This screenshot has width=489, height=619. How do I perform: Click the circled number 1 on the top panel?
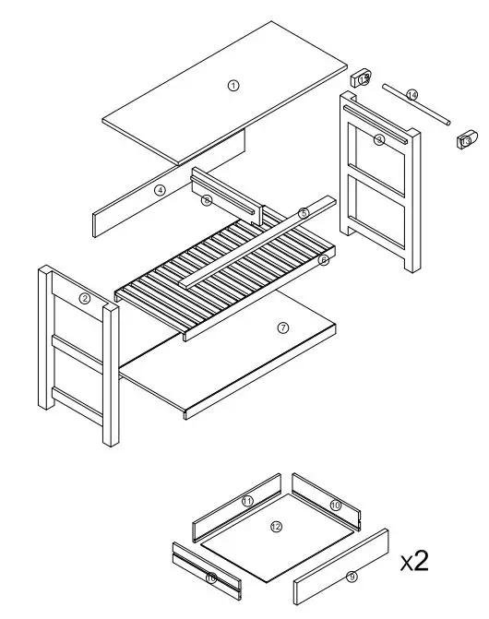pyautogui.click(x=233, y=85)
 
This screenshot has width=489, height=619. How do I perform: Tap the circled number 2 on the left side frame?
pyautogui.click(x=84, y=298)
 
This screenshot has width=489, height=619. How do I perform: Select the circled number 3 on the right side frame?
pyautogui.click(x=379, y=139)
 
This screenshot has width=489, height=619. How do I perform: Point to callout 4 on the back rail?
pyautogui.click(x=160, y=190)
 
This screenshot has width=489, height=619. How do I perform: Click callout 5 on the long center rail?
pyautogui.click(x=303, y=213)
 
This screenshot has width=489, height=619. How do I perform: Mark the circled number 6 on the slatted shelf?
pyautogui.click(x=323, y=261)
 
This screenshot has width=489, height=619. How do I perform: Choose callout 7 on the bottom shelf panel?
pyautogui.click(x=283, y=327)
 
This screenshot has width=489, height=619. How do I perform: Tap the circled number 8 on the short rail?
pyautogui.click(x=207, y=199)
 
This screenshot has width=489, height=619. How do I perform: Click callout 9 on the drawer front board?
pyautogui.click(x=352, y=577)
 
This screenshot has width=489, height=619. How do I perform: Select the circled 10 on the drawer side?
pyautogui.click(x=335, y=506)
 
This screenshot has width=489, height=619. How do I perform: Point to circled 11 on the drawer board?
pyautogui.click(x=247, y=501)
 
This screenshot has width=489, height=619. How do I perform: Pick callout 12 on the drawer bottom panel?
pyautogui.click(x=276, y=527)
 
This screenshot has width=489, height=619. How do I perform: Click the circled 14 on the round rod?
pyautogui.click(x=411, y=95)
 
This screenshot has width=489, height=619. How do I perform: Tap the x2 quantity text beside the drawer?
pyautogui.click(x=414, y=560)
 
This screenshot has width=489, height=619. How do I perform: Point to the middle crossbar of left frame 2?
pyautogui.click(x=78, y=351)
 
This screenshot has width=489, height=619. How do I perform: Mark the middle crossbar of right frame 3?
pyautogui.click(x=378, y=189)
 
